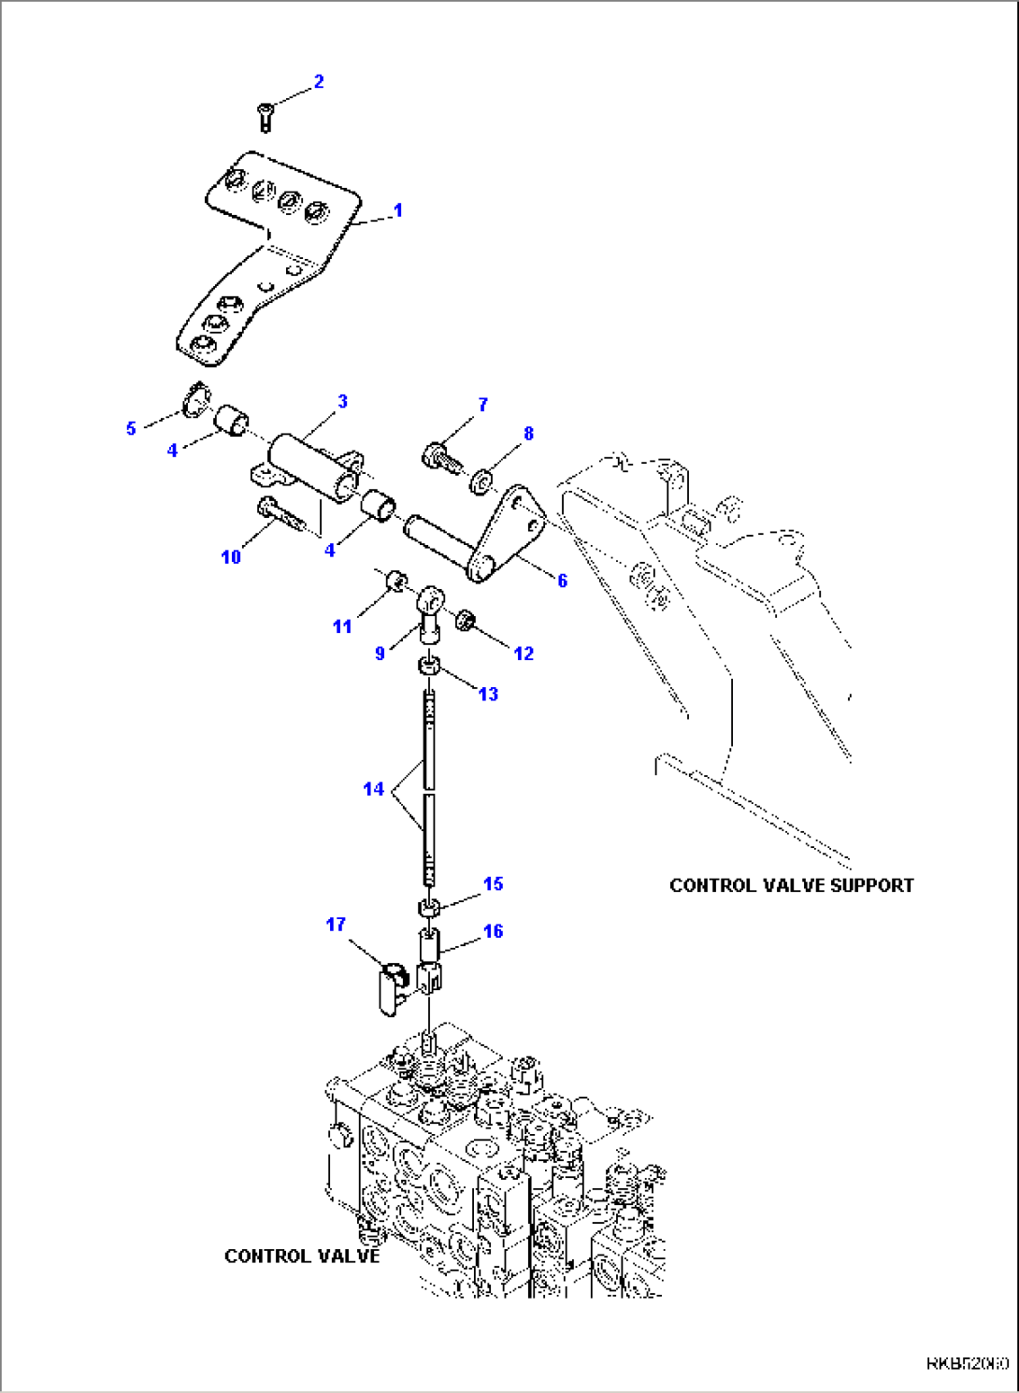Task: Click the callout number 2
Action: tap(318, 81)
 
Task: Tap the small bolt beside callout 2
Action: tap(265, 117)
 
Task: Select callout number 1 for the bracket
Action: tap(397, 210)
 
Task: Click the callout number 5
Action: tap(131, 428)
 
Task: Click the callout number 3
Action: tap(342, 401)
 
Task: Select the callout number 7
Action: tap(482, 405)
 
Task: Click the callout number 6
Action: tap(562, 581)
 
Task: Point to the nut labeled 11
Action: tap(395, 582)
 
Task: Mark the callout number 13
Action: tap(488, 694)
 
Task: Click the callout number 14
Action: tap(373, 789)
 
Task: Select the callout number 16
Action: tap(493, 931)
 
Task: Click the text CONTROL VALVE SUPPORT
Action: tap(791, 885)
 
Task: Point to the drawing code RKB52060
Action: tap(967, 1364)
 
